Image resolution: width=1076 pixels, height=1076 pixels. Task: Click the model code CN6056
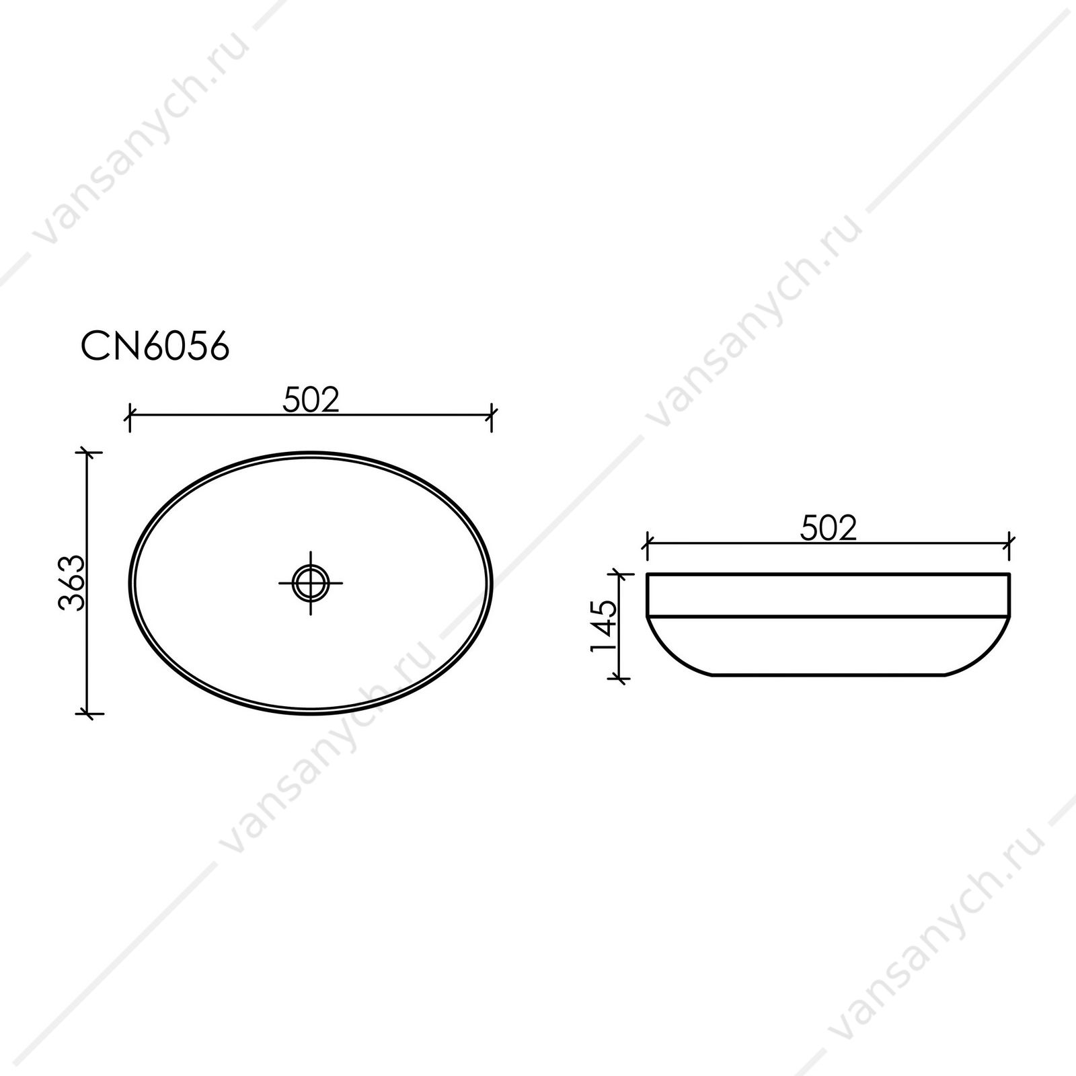(x=155, y=347)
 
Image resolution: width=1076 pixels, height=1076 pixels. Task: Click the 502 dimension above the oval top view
(x=311, y=401)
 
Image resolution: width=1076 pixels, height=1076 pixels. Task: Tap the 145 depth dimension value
(x=603, y=625)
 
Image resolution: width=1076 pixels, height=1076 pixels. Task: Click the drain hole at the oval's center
(x=311, y=582)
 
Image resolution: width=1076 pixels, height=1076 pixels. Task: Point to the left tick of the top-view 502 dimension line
(x=129, y=418)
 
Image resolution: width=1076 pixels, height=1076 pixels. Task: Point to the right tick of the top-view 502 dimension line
(x=492, y=418)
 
